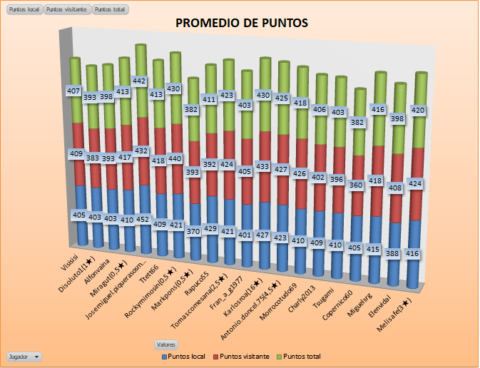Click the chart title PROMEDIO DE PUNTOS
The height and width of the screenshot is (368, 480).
[x=242, y=23]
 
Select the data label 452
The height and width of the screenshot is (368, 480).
[x=143, y=220]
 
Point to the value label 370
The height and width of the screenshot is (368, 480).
[x=192, y=232]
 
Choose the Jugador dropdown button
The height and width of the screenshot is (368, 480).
[x=24, y=355]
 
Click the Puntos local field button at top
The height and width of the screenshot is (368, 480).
[x=24, y=10]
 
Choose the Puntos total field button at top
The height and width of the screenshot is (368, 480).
[x=111, y=10]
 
